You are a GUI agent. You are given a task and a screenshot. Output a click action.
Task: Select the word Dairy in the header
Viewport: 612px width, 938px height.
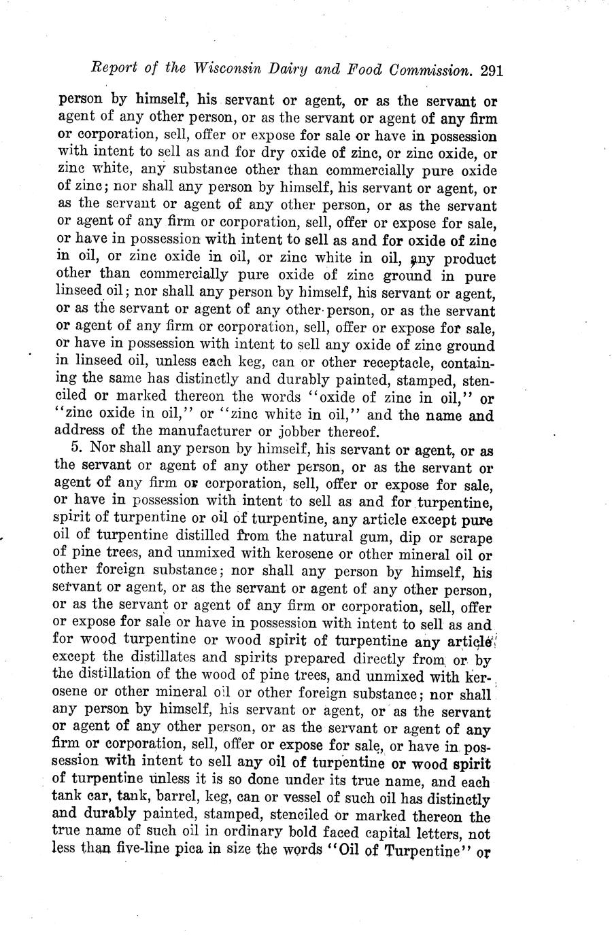point(306,70)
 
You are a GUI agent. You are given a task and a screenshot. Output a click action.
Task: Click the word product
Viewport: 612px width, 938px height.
point(463,259)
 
